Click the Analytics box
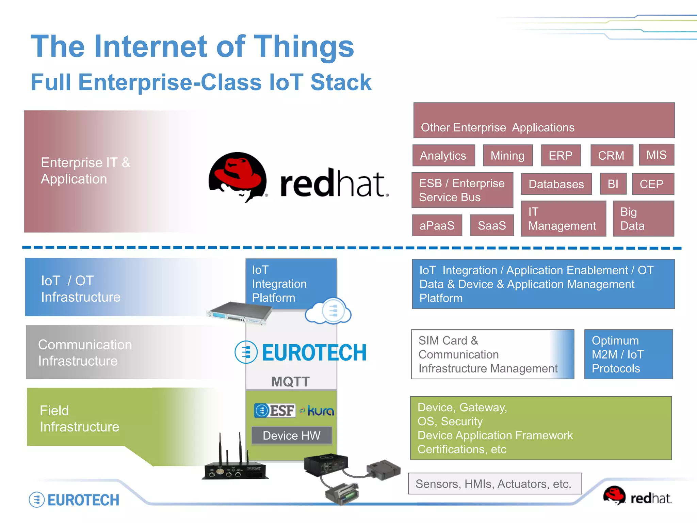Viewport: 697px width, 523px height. click(x=443, y=156)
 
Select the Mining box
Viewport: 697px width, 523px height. click(x=507, y=156)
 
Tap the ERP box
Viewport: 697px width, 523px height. click(x=561, y=156)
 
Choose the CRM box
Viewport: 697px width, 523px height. click(x=611, y=156)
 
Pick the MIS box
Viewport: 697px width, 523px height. click(x=656, y=155)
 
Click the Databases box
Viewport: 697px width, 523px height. click(x=556, y=184)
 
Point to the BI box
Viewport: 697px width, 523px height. click(x=613, y=184)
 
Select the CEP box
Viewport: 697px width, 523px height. click(x=652, y=184)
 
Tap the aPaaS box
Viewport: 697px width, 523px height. click(x=437, y=225)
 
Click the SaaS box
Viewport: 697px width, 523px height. click(x=492, y=225)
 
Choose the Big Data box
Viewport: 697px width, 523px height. click(x=643, y=219)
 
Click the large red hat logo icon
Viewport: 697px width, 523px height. click(x=238, y=176)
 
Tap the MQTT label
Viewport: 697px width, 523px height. click(x=290, y=381)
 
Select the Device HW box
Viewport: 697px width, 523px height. click(x=292, y=435)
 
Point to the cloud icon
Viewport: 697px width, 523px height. click(x=328, y=311)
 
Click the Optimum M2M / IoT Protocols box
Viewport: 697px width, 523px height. click(x=628, y=354)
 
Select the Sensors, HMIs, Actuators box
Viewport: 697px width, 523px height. click(x=495, y=484)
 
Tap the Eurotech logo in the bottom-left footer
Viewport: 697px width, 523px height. click(x=74, y=500)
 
